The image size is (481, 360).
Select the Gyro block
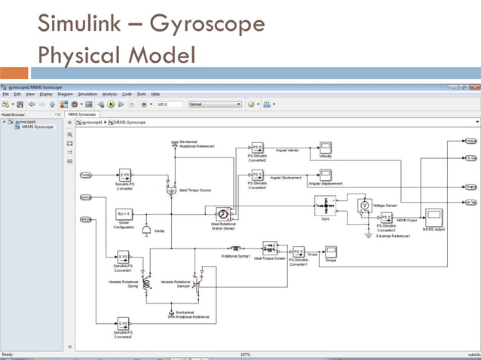pyautogui.click(x=325, y=205)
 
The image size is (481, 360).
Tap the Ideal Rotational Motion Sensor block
pyautogui.click(x=223, y=214)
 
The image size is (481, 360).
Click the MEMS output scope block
pyautogui.click(x=434, y=218)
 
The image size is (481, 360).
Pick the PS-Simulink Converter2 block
pyautogui.click(x=258, y=148)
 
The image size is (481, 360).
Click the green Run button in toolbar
pyautogui.click(x=110, y=104)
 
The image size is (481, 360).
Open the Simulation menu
pyautogui.click(x=88, y=94)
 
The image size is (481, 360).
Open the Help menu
pyautogui.click(x=155, y=94)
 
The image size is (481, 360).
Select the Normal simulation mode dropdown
pyautogui.click(x=215, y=104)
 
